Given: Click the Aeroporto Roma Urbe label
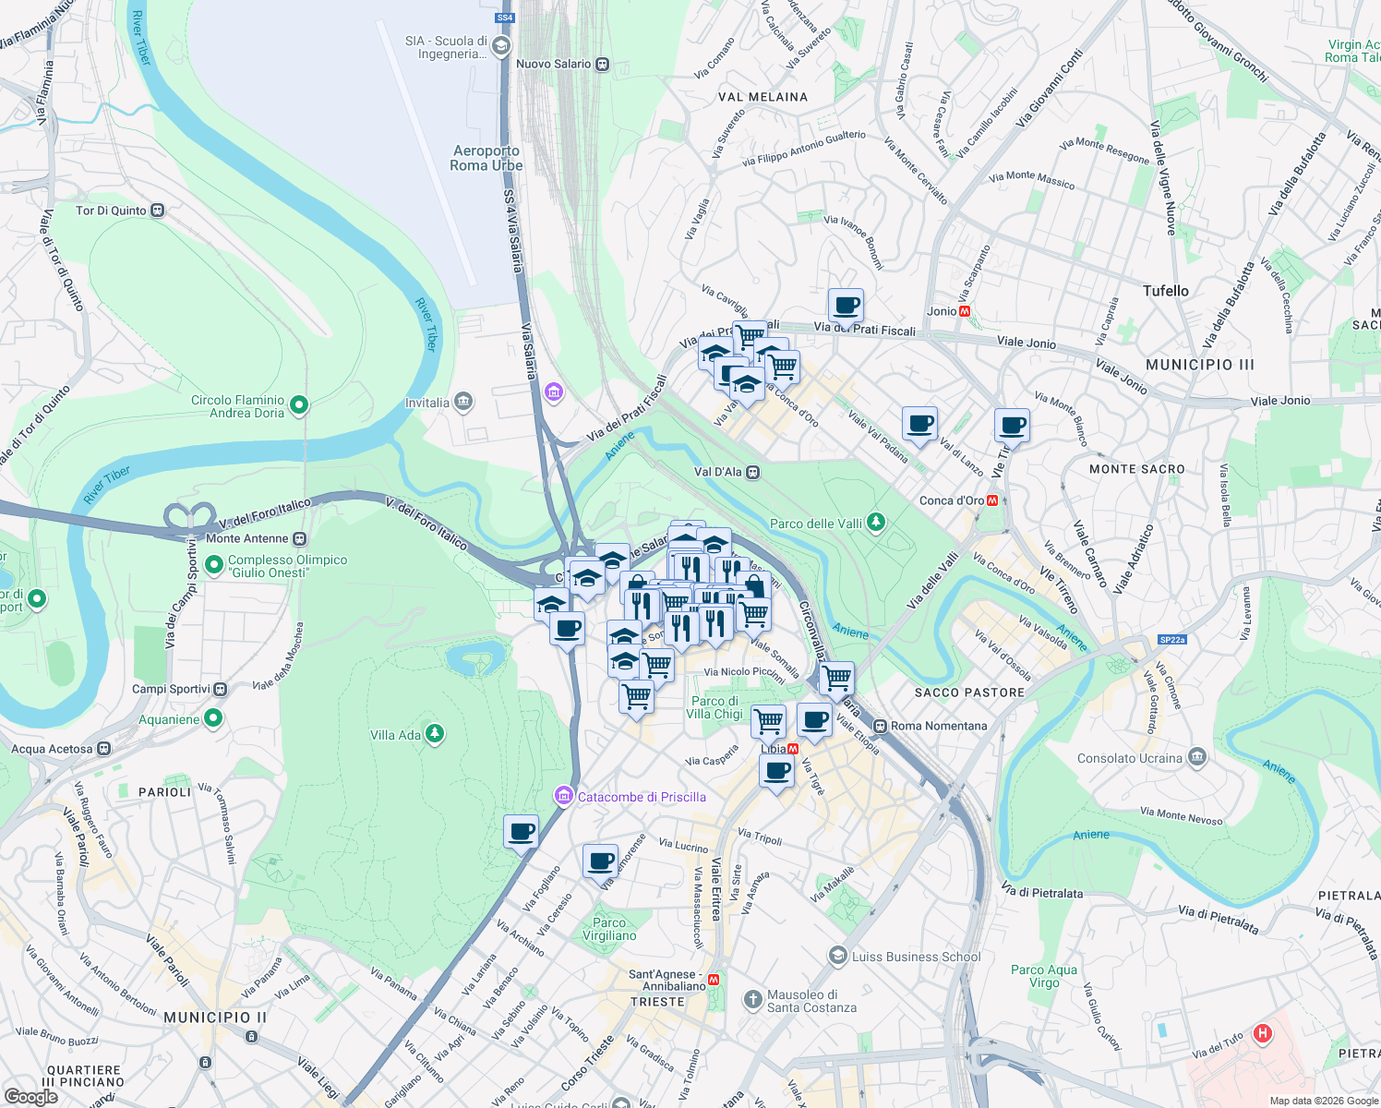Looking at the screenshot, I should pos(486,158).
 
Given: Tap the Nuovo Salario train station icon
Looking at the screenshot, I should pos(602,65).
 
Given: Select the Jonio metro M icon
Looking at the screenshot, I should pos(966,312).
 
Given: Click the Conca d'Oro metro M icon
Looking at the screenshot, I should pos(993,501).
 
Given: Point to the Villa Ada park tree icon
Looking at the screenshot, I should pos(434,734).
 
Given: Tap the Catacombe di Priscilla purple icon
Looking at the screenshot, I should pos(563,796).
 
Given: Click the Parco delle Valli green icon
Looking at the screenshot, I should pos(876,524).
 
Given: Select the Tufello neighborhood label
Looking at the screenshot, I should pos(1165,291).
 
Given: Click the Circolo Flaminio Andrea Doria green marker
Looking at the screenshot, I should pos(299,404).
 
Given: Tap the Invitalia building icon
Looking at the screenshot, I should pos(463,402).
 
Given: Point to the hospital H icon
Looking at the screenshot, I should pos(1262,1033).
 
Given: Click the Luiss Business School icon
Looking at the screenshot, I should pos(837,956).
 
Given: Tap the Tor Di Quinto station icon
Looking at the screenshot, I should pos(158,211).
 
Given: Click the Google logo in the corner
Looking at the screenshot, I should pos(30,1097).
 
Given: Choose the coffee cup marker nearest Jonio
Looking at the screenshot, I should pos(846,305).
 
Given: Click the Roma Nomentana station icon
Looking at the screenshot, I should pos(880,726).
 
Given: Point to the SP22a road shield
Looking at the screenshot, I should pos(1171,639).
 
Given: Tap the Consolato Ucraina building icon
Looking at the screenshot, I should pos(1197,758).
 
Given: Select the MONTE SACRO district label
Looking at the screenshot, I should pos(1136,469).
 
